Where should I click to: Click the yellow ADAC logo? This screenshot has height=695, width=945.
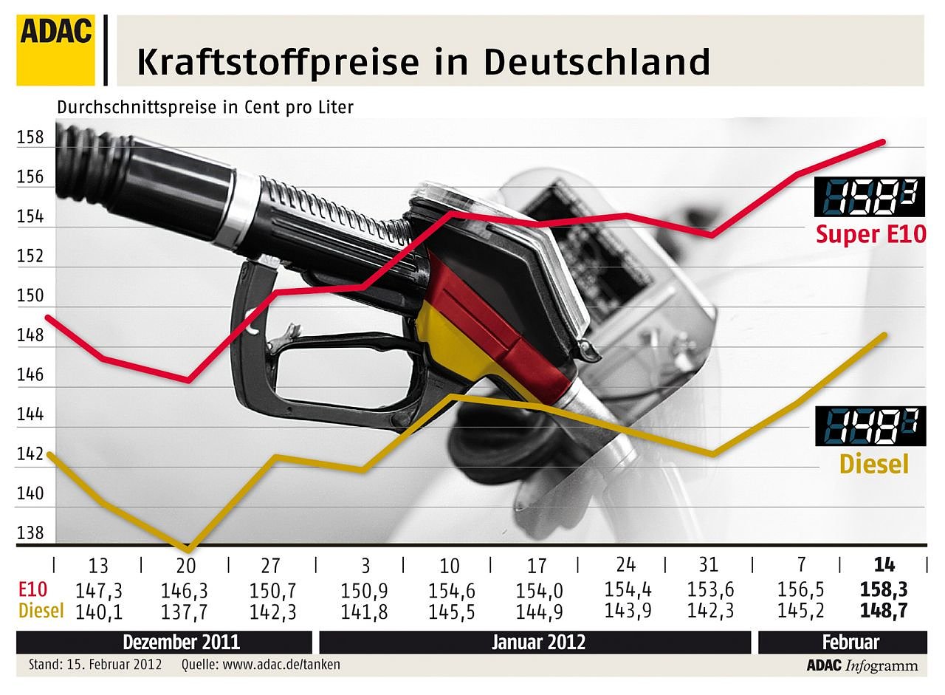56,49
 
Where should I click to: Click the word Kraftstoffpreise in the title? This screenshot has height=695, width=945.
277,62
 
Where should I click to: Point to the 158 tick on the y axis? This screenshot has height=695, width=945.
30,138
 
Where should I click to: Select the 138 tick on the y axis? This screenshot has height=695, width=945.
30,533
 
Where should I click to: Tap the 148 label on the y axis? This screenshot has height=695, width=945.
30,336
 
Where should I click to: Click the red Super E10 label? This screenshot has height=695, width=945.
870,234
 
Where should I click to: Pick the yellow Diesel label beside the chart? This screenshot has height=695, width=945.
873,464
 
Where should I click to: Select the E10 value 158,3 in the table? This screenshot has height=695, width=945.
884,590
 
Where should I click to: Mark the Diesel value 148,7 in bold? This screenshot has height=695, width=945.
884,611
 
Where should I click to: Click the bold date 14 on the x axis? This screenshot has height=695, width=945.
884,565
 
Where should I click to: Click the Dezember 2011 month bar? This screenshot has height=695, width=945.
181,642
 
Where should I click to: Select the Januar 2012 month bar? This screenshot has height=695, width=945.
538,642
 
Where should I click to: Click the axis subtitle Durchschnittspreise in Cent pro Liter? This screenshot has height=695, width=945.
205,107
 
